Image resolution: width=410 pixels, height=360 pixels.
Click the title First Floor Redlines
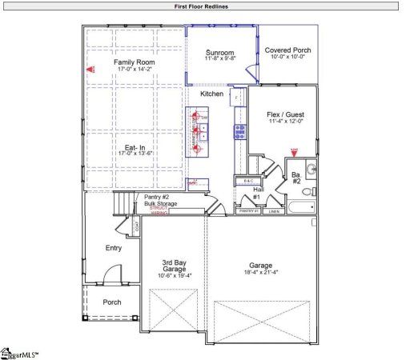point(204,6)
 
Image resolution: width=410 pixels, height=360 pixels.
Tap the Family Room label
point(134,62)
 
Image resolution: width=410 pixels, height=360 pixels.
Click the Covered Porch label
point(288,50)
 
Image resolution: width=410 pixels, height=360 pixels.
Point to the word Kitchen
point(211,94)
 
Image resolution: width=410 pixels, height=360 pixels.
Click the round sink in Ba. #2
point(311,169)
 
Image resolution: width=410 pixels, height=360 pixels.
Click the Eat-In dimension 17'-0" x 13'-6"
point(134,155)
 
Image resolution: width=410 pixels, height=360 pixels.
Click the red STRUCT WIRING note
point(163,210)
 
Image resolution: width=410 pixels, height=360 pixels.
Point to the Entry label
point(114,248)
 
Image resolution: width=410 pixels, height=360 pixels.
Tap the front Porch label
point(113,302)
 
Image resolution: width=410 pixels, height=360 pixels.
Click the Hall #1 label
point(257,194)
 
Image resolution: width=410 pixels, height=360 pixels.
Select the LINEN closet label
point(274,211)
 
